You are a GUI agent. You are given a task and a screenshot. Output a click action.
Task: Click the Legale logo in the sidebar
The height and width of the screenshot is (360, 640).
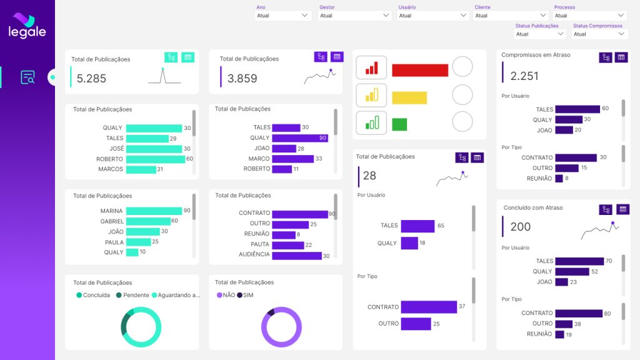coord(27,26)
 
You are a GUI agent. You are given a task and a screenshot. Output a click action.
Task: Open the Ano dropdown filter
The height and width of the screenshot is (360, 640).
coord(282,16)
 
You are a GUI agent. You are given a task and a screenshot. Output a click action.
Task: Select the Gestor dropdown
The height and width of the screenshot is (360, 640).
coord(354,16)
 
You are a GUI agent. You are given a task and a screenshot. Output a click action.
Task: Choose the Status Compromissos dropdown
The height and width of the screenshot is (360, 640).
coord(599,34)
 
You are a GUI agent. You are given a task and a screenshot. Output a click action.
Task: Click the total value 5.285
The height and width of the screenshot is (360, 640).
coord(92,79)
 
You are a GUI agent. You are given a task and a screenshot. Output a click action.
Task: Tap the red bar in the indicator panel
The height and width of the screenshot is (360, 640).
coord(420,70)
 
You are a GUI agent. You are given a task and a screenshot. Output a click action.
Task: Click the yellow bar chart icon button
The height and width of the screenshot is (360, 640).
coord(371,95)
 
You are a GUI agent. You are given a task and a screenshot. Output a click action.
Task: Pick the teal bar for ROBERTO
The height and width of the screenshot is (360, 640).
coord(155,159)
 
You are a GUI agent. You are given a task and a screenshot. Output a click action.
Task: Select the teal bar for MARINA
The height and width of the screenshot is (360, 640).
coord(154,211)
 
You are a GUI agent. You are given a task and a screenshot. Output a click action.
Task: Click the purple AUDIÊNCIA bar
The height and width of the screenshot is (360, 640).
coord(296,255)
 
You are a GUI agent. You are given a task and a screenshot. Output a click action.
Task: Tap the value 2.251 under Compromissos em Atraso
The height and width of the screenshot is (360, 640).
coord(524,76)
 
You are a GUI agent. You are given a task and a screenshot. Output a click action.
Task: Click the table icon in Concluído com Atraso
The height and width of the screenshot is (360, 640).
coord(622,209)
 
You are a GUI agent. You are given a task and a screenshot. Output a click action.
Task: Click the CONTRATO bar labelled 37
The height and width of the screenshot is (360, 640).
coord(428,307)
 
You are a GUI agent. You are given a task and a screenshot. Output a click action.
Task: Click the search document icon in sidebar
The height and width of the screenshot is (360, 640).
coord(27,77)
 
